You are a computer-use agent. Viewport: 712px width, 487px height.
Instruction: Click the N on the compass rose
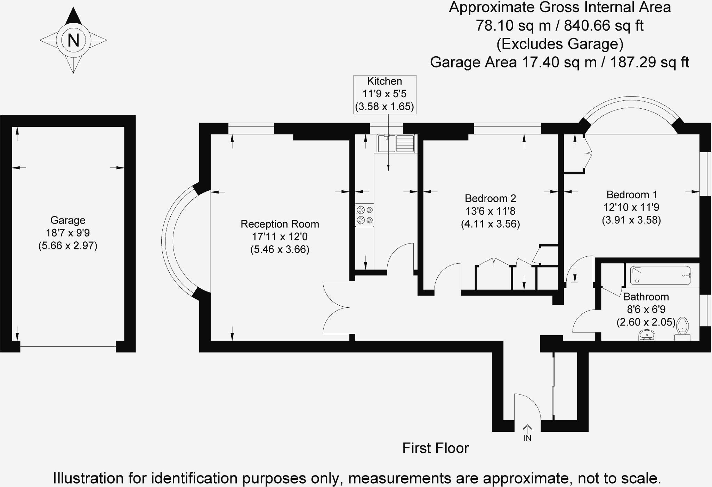pos(73,40)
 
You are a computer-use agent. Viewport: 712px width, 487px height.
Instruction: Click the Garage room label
pos(68,220)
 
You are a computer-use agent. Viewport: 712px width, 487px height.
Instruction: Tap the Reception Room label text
pos(280,224)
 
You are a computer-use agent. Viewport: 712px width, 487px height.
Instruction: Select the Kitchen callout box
pos(385,94)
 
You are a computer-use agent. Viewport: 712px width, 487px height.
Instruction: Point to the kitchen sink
pos(396,143)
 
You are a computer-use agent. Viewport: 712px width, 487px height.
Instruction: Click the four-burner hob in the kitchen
pos(364,215)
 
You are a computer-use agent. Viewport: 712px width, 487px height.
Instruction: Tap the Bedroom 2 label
pos(490,198)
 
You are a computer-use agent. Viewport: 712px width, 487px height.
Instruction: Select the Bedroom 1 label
pos(632,195)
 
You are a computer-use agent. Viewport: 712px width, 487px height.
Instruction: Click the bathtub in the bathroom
pos(660,276)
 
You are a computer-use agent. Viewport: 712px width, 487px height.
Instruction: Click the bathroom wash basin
pos(647,335)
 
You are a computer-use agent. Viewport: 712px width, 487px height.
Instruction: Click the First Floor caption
pos(435,448)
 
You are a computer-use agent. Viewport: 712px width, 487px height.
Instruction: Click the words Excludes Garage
pos(560,44)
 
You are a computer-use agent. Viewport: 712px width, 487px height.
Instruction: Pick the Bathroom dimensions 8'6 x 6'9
pos(646,309)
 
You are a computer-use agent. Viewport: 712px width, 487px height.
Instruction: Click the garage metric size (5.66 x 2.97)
pos(68,246)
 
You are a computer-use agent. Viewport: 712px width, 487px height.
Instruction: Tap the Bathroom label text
pos(646,297)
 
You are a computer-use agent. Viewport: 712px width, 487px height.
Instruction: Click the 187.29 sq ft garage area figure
pos(650,63)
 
